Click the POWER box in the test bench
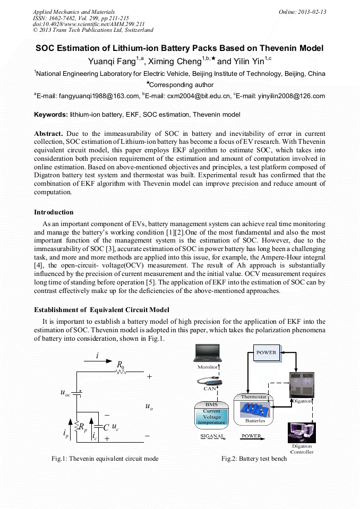point(267,352)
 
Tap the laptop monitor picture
point(208,354)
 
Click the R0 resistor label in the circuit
point(121,365)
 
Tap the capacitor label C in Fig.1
point(106,427)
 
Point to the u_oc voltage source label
point(66,393)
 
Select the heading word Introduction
point(54,212)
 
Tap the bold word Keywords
point(51,115)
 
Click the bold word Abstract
point(48,133)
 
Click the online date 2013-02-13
point(312,12)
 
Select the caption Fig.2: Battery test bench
point(254,459)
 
